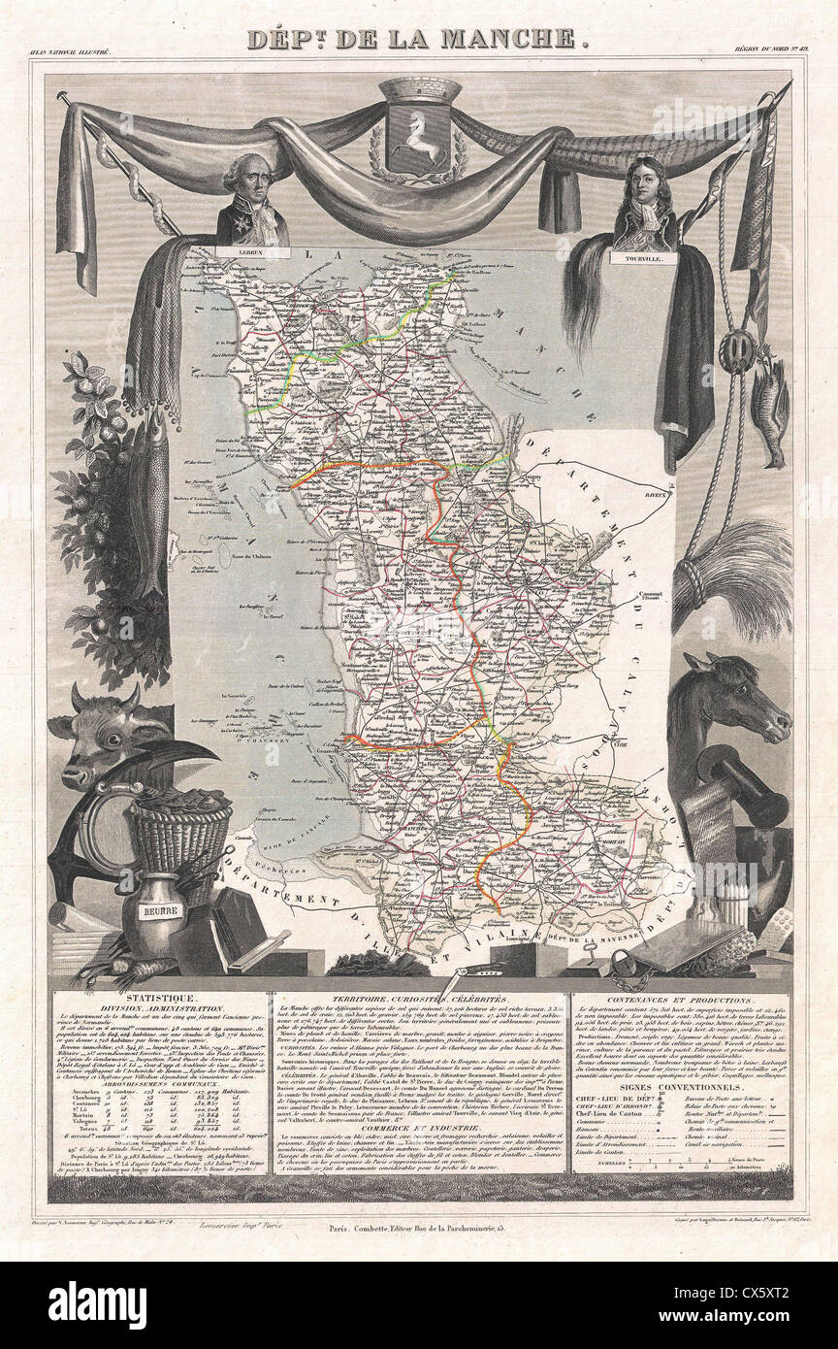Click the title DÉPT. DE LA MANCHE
[418, 39]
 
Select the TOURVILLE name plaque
[643, 258]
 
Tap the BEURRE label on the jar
[154, 911]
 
